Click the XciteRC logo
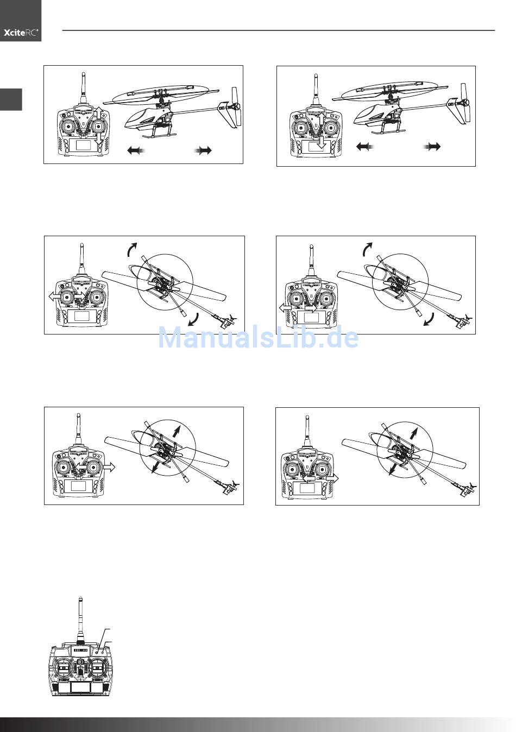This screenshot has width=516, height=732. click(21, 33)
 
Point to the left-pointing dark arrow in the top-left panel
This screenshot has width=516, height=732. click(136, 150)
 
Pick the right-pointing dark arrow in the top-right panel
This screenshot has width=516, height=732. click(432, 147)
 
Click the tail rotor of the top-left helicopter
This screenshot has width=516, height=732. click(235, 107)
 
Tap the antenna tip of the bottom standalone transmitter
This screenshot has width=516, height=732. click(80, 598)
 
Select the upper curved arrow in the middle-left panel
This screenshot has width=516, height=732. click(133, 249)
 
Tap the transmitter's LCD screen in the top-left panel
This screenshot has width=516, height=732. click(83, 145)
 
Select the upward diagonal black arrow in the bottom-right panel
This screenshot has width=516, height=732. click(413, 433)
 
